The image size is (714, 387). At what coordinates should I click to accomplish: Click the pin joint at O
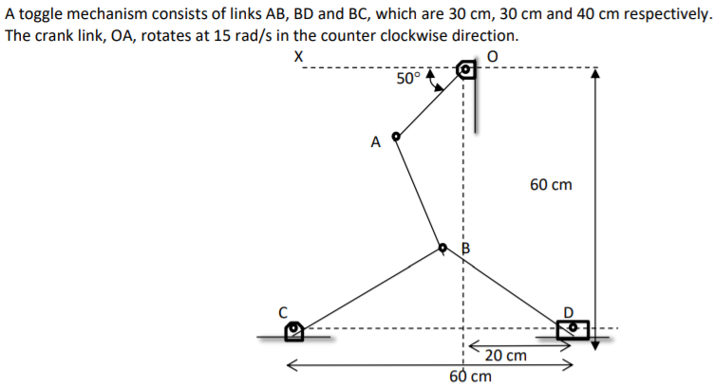(465, 70)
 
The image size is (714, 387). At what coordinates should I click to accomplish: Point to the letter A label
(376, 143)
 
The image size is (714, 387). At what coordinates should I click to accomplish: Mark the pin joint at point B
(443, 249)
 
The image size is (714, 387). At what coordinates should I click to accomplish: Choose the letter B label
(465, 249)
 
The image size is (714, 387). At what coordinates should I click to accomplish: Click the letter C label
(281, 310)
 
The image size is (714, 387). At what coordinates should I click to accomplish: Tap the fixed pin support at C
(294, 329)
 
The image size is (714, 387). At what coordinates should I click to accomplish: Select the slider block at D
(573, 328)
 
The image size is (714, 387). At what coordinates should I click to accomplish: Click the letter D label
(570, 311)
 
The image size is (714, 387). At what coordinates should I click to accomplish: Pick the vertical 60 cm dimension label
(552, 185)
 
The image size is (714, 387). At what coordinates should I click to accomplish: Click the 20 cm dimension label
(505, 356)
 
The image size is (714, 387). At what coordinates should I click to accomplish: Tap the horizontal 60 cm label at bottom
(470, 376)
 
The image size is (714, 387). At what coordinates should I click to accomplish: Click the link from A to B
(420, 193)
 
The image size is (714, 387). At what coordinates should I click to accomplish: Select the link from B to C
(370, 288)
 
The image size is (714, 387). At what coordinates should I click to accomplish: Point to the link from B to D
(508, 288)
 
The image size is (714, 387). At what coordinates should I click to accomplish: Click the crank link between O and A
(431, 103)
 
